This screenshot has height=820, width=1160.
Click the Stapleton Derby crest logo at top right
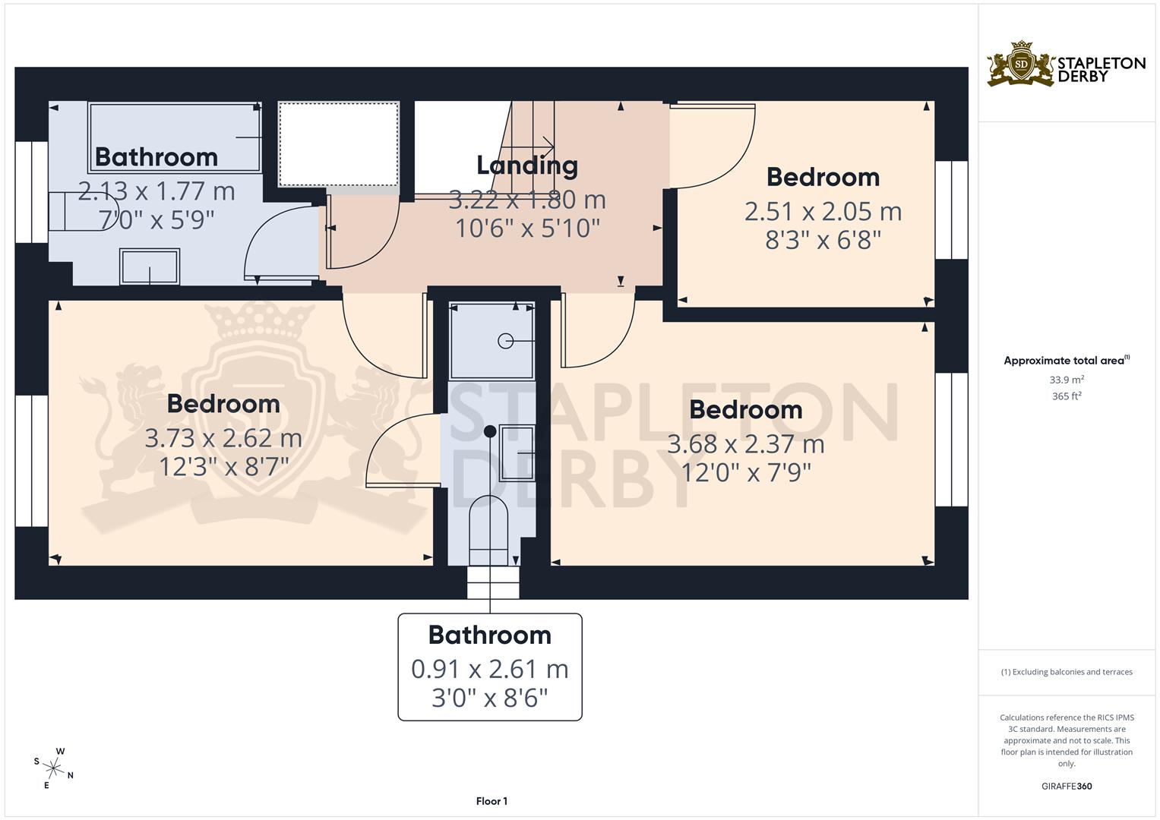point(1022,64)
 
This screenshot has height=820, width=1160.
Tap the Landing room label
point(526,165)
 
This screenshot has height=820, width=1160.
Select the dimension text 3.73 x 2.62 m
point(223,438)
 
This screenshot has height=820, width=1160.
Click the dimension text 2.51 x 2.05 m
point(823,211)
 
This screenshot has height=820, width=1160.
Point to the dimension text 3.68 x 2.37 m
point(745,443)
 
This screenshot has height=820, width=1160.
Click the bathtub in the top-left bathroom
point(175,137)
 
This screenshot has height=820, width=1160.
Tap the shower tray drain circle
point(505,342)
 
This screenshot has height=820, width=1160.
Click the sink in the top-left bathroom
point(149,267)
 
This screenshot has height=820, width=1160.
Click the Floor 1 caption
point(491,801)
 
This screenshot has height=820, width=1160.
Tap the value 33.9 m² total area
point(1067,380)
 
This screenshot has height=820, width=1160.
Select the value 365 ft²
point(1067,396)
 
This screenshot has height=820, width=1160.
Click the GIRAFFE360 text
point(1067,787)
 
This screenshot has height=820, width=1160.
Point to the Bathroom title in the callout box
point(489,635)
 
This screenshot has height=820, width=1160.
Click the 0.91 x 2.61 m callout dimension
point(489,669)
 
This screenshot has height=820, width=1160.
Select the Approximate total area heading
point(1065,361)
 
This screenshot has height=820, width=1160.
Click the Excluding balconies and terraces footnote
point(1067,672)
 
